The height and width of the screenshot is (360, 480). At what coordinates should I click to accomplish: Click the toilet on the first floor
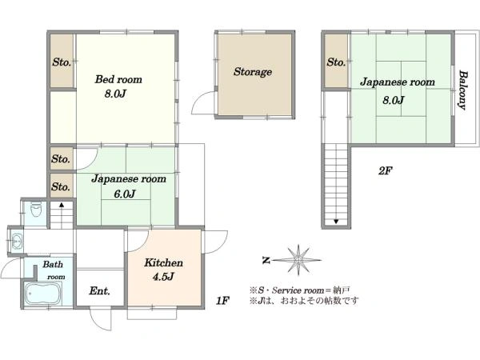pyautogui.click(x=36, y=210)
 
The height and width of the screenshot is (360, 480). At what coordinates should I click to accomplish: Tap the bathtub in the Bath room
pyautogui.click(x=42, y=294)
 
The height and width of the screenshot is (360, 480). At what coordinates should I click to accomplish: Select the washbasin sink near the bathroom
pyautogui.click(x=16, y=242)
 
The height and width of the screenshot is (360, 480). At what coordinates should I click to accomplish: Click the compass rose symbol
pyautogui.click(x=298, y=260)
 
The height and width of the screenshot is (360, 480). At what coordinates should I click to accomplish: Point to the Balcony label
pyautogui.click(x=463, y=90)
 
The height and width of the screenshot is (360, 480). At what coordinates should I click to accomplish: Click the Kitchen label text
pyautogui.click(x=163, y=262)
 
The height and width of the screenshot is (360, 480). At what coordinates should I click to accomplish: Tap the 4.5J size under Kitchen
pyautogui.click(x=163, y=277)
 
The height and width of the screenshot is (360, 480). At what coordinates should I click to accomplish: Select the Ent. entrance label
pyautogui.click(x=100, y=290)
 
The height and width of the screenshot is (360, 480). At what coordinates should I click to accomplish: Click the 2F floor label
pyautogui.click(x=385, y=170)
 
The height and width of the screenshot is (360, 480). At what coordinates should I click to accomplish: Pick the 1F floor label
pyautogui.click(x=222, y=301)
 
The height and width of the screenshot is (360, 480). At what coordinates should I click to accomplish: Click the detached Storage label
pyautogui.click(x=253, y=72)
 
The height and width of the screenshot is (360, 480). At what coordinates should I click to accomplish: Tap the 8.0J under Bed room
pyautogui.click(x=115, y=94)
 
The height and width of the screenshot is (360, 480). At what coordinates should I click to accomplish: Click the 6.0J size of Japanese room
pyautogui.click(x=125, y=194)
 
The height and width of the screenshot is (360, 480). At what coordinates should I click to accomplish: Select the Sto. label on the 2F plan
pyautogui.click(x=336, y=62)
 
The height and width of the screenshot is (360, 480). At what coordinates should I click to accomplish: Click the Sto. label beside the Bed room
pyautogui.click(x=62, y=62)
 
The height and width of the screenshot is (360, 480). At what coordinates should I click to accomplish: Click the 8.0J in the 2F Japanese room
pyautogui.click(x=394, y=100)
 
